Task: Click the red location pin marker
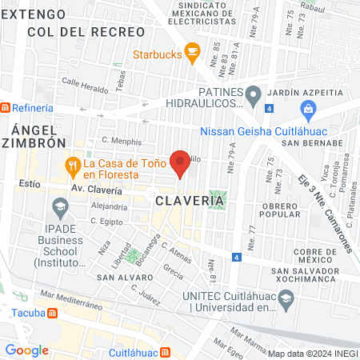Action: point(181,163)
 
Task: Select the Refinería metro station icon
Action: point(5,107)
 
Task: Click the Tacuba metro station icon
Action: point(53,314)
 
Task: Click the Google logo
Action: point(26,350)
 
